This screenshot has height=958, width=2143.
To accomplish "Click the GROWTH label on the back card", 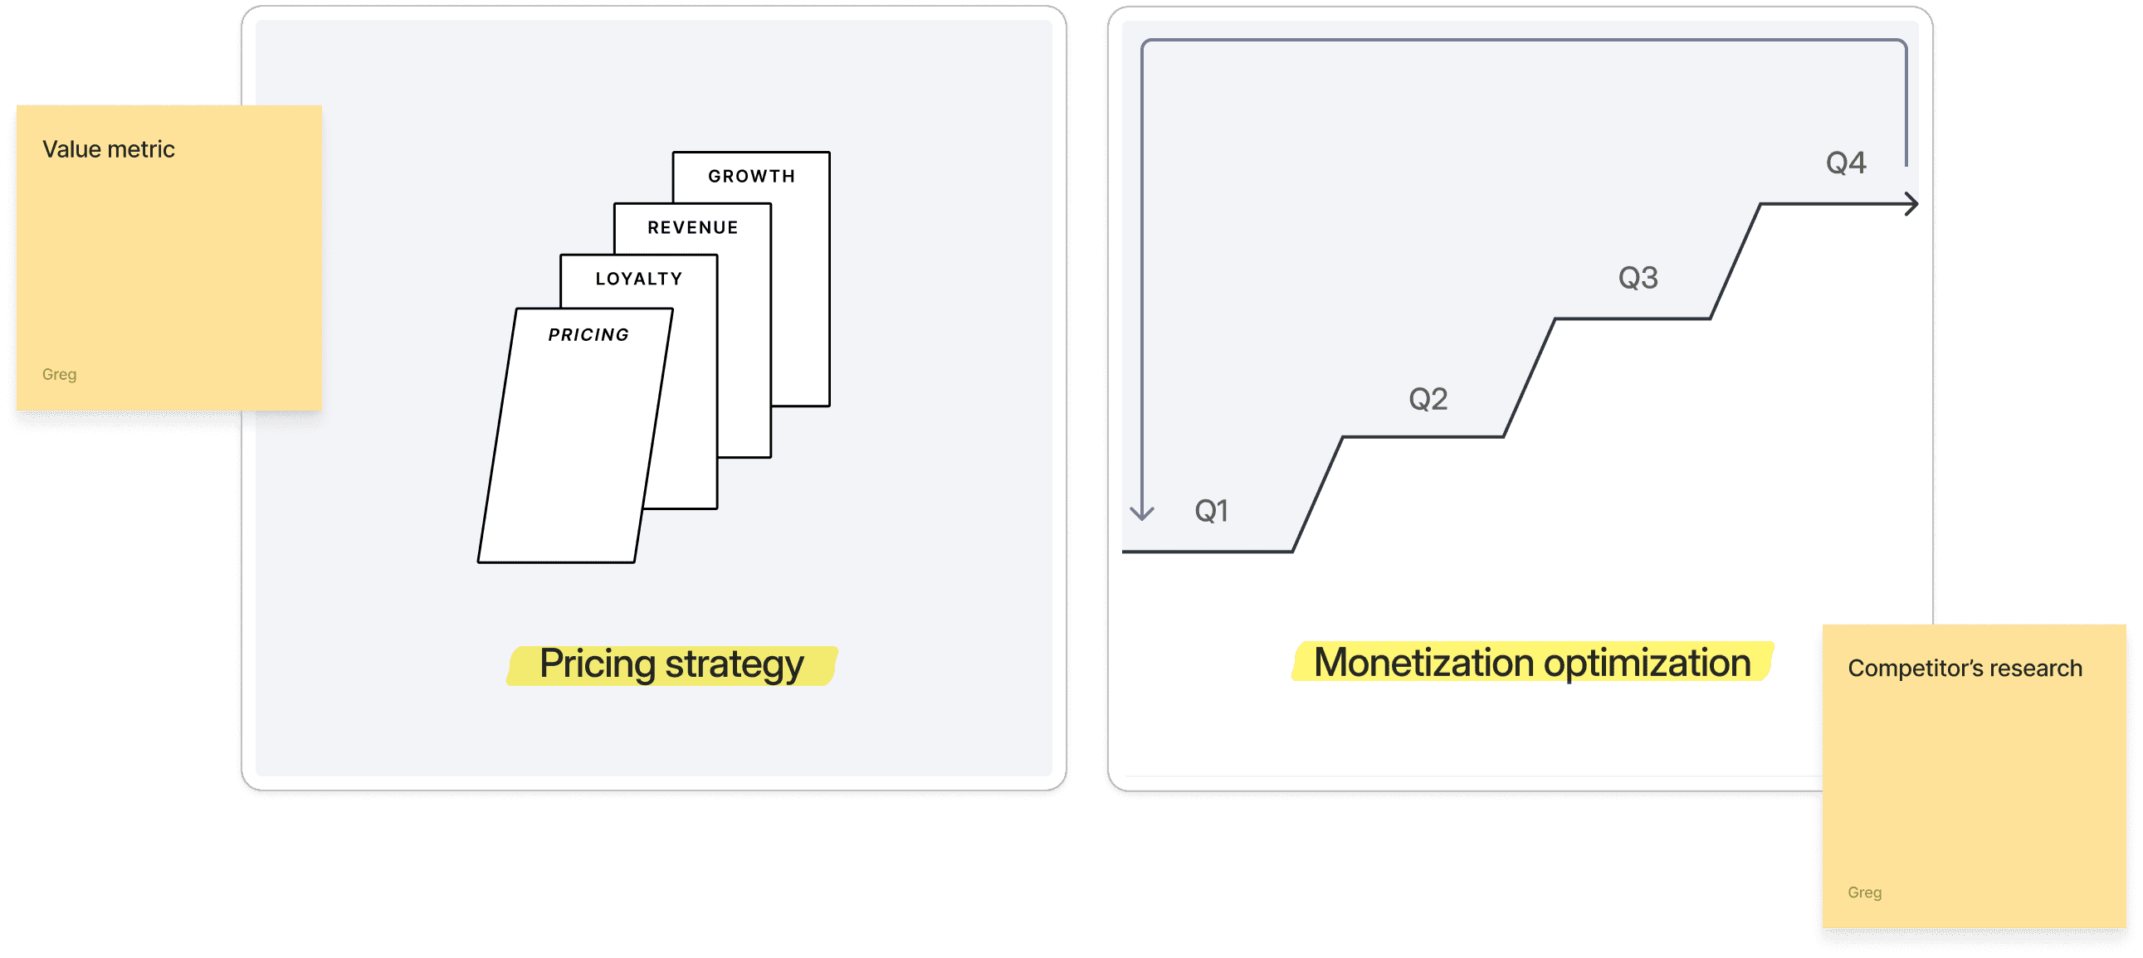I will (751, 177).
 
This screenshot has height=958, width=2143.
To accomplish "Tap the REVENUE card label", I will (692, 228).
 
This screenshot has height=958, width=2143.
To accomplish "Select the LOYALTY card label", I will (639, 280).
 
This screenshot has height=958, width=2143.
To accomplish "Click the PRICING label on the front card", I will (588, 335).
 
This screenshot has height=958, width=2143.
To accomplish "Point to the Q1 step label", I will (1211, 511).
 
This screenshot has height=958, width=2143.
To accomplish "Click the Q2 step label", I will (1428, 399).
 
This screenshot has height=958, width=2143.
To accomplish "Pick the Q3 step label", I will (1638, 278).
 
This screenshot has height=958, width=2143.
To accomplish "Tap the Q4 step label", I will (1846, 163).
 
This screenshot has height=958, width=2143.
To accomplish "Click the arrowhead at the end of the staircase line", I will (1912, 204).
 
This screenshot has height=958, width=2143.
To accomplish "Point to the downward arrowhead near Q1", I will (1142, 513).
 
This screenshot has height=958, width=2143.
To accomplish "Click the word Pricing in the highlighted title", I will (598, 664).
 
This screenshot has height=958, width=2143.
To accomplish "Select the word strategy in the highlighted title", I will (735, 664).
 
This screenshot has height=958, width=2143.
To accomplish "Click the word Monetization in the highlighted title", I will (1423, 663).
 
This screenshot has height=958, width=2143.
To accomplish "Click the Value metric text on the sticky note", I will (108, 149).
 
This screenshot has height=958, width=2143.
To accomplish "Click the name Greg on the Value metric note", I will (59, 374).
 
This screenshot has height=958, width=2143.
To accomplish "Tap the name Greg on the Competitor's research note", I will (1864, 892).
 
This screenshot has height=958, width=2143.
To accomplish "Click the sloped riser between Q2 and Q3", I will (1529, 377).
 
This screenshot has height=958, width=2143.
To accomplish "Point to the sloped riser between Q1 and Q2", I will (1317, 494).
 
